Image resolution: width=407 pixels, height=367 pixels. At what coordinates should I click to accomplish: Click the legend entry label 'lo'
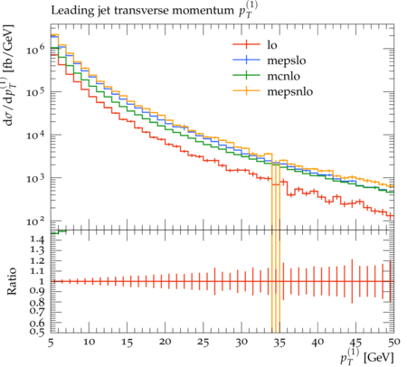[x=272, y=45]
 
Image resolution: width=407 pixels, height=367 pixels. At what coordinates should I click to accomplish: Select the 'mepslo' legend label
[x=287, y=61]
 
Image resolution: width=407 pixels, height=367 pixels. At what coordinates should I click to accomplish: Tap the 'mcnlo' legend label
[x=284, y=76]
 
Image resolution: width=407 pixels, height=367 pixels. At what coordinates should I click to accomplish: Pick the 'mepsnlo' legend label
[x=290, y=91]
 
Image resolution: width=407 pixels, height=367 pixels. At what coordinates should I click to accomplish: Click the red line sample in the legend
[x=246, y=44]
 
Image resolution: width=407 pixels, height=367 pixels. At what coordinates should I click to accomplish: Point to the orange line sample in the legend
[x=246, y=90]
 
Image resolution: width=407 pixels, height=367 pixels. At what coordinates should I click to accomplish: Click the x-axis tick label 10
[x=89, y=343]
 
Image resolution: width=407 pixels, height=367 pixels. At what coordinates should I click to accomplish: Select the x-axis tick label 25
[x=203, y=343]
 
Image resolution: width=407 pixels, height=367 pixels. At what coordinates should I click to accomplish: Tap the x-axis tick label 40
[x=317, y=343]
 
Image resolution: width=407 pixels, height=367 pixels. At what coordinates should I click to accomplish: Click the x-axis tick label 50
[x=393, y=343]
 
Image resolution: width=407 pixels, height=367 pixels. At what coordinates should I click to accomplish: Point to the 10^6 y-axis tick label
[x=35, y=48]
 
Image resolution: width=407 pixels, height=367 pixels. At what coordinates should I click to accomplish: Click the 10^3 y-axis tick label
[x=35, y=177]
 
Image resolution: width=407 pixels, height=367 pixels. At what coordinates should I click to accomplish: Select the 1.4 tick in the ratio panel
[x=37, y=240]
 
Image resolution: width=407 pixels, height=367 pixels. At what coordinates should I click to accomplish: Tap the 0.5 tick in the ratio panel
[x=37, y=332]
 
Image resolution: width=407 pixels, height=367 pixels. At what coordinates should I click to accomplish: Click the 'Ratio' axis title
[x=12, y=281]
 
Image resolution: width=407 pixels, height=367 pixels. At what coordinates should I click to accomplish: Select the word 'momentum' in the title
[x=203, y=11]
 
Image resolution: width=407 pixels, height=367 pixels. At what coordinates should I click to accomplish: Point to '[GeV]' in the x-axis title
[x=379, y=358]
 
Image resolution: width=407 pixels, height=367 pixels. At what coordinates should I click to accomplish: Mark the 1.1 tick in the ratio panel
[x=37, y=271]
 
